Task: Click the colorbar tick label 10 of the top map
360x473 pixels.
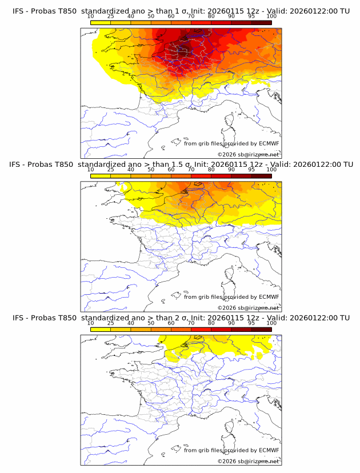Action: point(90,17)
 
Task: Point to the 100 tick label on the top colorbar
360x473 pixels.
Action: point(271,17)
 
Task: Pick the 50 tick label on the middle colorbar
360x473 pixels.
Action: point(151,170)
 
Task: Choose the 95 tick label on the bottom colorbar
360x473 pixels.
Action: point(251,323)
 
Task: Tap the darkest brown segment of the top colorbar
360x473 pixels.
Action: point(261,22)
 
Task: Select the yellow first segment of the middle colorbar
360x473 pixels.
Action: point(101,176)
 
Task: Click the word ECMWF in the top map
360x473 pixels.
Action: point(269,143)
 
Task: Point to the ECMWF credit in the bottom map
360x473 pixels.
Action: point(269,450)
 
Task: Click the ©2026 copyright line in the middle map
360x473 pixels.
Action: point(248,308)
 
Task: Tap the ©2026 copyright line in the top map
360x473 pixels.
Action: point(248,155)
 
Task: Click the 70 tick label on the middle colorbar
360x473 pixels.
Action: point(191,170)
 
